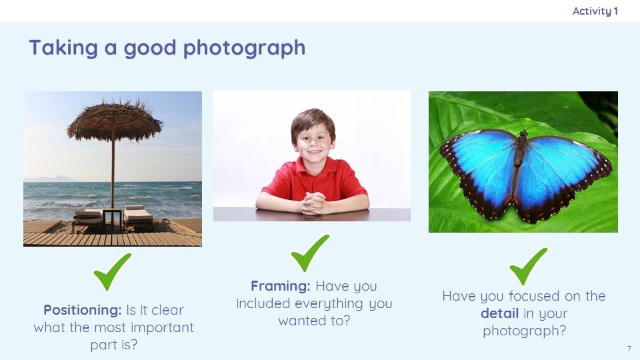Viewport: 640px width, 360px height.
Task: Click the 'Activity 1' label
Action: tap(595, 11)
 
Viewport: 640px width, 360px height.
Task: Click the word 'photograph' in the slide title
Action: tap(244, 49)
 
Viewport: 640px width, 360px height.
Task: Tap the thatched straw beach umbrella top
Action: tap(114, 120)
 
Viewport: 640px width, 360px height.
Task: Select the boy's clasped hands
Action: tap(313, 203)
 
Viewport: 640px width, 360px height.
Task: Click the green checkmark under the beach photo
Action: tap(112, 272)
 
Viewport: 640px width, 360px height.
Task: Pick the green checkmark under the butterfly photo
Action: tap(528, 267)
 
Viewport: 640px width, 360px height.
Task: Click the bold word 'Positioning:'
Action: tap(83, 310)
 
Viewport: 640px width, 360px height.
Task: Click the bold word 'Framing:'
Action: tap(281, 286)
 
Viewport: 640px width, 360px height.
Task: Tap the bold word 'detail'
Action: tap(499, 313)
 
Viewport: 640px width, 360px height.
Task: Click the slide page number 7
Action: tap(629, 349)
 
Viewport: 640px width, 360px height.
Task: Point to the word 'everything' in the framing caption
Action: tap(329, 304)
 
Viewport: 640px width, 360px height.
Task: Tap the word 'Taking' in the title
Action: tap(63, 48)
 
